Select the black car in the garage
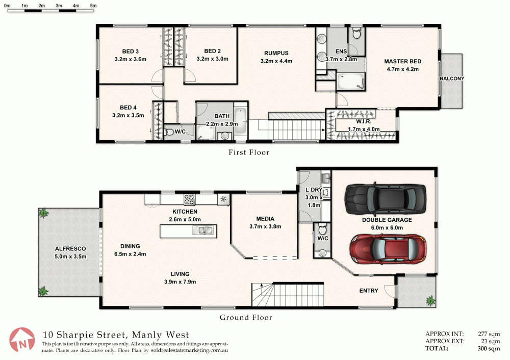(385, 198)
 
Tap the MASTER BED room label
(402, 62)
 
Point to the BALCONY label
(452, 79)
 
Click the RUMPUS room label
(276, 53)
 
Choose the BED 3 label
(131, 51)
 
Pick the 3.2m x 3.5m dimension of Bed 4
(128, 115)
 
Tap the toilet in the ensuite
(356, 34)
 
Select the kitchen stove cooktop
(191, 199)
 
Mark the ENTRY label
(369, 291)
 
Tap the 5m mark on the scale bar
(93, 6)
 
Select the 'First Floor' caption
(248, 152)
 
